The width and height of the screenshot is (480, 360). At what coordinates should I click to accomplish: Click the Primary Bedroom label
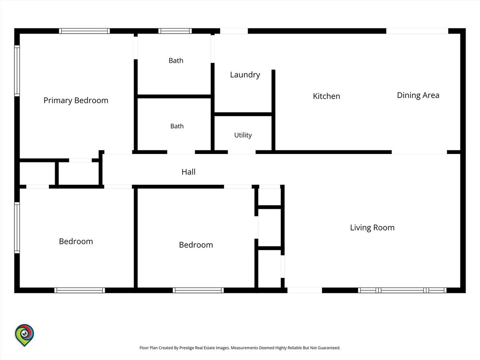coord(76,100)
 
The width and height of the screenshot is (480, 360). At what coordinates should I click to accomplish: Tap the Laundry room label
coord(245,75)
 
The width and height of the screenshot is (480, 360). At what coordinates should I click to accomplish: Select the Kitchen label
coord(326,96)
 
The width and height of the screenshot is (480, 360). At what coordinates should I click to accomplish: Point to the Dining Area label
coord(418,95)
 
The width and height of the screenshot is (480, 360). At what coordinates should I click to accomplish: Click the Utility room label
coord(243,135)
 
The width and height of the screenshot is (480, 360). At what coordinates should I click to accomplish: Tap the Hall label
coord(188,172)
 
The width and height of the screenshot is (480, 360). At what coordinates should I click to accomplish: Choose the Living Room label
coord(372,228)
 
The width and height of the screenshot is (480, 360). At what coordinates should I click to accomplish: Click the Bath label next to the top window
coord(176,60)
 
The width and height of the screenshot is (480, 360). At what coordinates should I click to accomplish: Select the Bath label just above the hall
coord(177,126)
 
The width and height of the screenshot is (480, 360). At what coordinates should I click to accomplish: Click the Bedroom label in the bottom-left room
coord(76,241)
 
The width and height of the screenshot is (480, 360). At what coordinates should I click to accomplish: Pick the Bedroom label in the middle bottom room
coord(196,245)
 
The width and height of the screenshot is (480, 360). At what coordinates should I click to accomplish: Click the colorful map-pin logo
coord(24,335)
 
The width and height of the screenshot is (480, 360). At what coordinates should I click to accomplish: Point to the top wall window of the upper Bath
coord(175,31)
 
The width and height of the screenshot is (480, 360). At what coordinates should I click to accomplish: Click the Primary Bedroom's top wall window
coord(84,31)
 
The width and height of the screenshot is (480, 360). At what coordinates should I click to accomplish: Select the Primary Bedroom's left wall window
coord(17,71)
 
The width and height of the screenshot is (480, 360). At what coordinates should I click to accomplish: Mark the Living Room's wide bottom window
coord(402,290)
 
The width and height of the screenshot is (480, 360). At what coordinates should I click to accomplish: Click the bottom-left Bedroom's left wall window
coord(17,228)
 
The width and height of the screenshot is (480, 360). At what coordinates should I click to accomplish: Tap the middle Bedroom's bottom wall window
coord(198,290)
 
